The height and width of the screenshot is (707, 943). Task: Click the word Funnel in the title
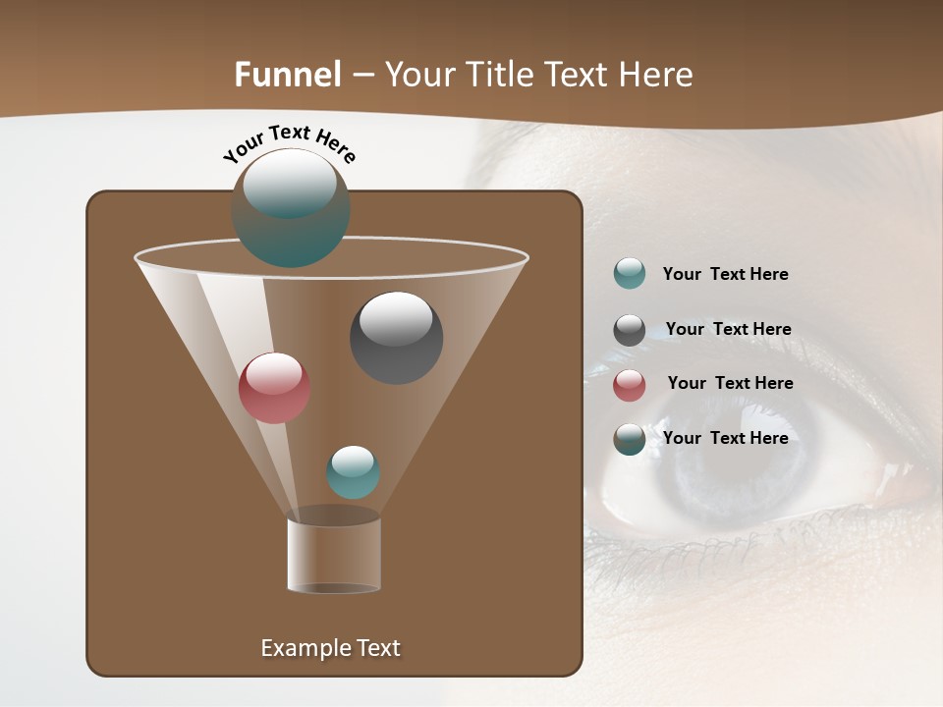287,75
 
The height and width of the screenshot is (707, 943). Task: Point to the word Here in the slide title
655,75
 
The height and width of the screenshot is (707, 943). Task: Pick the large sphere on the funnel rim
291,208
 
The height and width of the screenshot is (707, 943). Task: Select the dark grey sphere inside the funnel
396,337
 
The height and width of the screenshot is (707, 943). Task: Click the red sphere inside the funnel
274,388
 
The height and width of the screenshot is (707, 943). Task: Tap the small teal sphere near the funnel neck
353,472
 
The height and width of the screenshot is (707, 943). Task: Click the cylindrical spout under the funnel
334,555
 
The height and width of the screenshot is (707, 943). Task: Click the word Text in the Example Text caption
376,648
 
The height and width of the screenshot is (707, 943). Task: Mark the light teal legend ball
630,274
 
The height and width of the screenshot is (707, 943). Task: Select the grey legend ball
630,330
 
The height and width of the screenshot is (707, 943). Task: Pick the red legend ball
630,385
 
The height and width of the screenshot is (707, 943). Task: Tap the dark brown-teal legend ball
630,439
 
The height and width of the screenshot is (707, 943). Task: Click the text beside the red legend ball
730,383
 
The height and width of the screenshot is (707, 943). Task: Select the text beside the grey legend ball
728,329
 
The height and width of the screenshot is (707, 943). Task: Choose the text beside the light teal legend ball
725,274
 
